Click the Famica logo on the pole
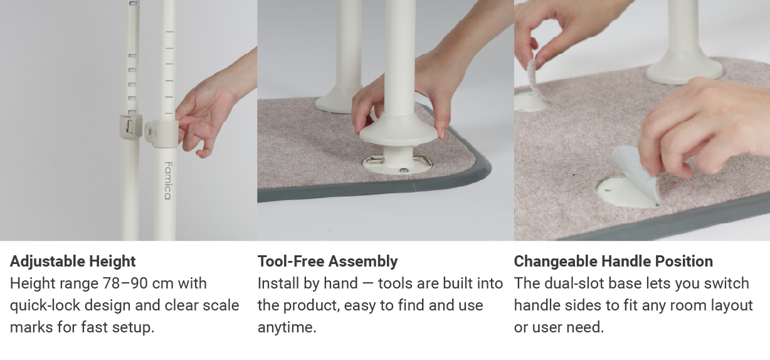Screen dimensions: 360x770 point(167,181)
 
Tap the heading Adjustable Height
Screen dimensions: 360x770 point(73,261)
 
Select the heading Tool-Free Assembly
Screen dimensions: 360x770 point(327,261)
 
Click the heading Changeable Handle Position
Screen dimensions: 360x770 point(613,261)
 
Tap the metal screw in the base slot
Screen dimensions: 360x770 point(404,170)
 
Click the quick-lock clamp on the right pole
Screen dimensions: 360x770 point(158,132)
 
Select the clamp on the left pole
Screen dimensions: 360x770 point(129,127)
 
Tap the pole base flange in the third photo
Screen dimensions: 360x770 point(684,68)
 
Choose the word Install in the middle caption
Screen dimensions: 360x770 point(278,283)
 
